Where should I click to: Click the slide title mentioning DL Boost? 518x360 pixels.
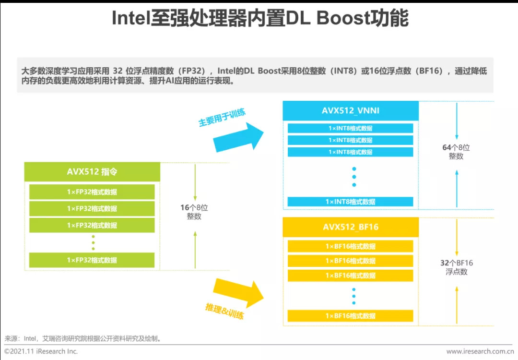(259, 19)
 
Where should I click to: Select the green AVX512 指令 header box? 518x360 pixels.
(92, 172)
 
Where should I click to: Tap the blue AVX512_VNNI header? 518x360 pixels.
(350, 111)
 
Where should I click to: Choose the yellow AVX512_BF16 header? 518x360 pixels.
(350, 227)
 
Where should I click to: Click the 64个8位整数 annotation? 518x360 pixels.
(456, 152)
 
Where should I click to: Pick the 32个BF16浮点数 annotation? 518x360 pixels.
(457, 267)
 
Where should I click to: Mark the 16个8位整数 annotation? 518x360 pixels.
(194, 212)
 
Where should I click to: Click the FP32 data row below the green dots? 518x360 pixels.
(92, 260)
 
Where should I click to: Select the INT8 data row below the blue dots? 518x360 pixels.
(350, 202)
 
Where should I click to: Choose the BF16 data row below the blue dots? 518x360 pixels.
(350, 316)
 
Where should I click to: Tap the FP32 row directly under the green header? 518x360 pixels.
(92, 192)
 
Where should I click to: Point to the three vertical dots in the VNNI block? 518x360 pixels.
(354, 177)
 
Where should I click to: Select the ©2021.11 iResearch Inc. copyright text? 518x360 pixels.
(41, 351)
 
